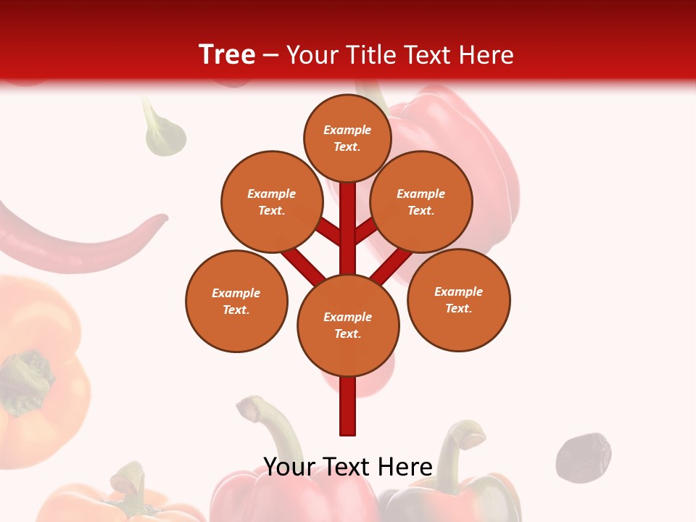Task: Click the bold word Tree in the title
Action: click(x=227, y=54)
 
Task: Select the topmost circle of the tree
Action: click(x=347, y=138)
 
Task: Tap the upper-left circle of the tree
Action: click(x=272, y=202)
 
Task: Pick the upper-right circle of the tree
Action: click(x=421, y=202)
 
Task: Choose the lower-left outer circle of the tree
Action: click(x=236, y=301)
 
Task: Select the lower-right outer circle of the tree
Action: click(x=459, y=299)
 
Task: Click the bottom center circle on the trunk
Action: click(x=348, y=325)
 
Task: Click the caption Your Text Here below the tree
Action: click(x=348, y=467)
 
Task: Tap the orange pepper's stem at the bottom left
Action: click(x=129, y=482)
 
